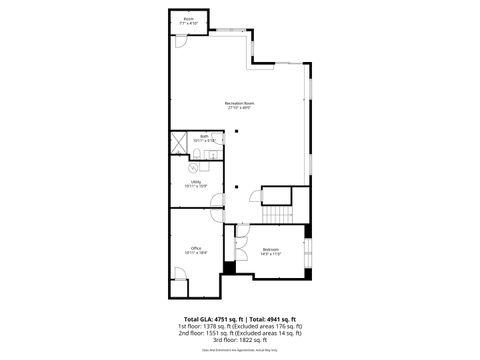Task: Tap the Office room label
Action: [196, 249]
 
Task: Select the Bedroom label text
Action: [271, 249]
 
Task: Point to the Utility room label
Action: [196, 184]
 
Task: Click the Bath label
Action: [203, 137]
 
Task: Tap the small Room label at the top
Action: [188, 20]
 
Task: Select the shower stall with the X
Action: [178, 141]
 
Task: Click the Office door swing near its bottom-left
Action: [179, 288]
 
